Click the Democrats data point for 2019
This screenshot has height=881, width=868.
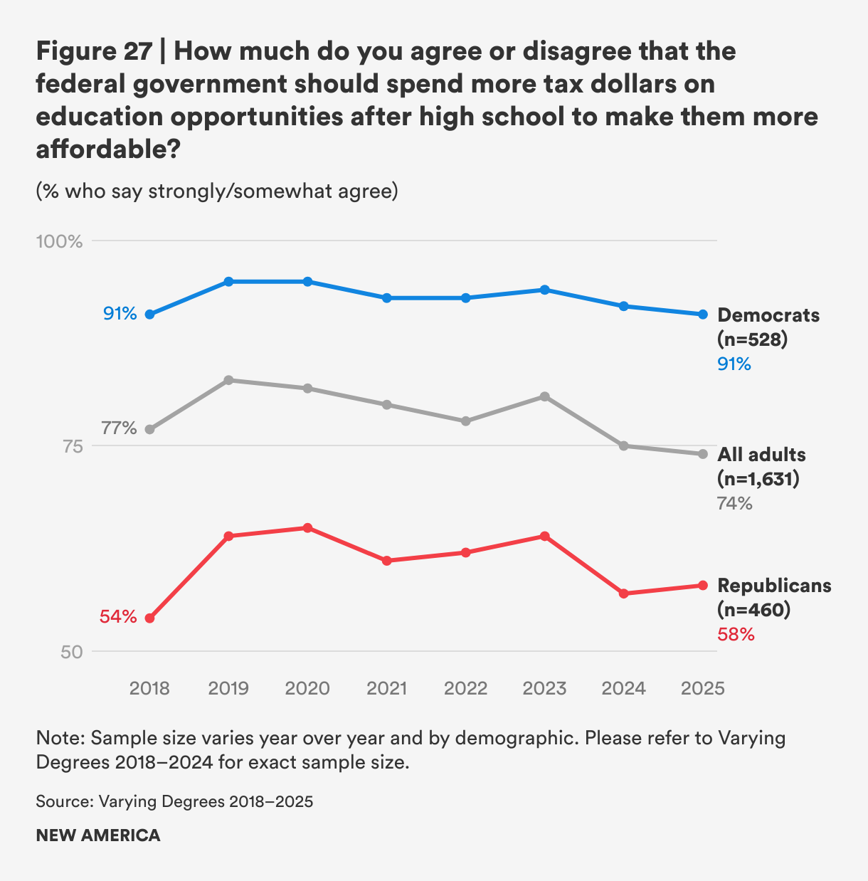click(x=228, y=282)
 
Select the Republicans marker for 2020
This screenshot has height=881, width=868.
click(x=307, y=528)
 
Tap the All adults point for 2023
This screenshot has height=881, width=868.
click(x=545, y=396)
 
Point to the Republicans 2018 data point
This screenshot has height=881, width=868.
click(x=149, y=618)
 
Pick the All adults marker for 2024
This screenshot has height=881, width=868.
click(x=624, y=445)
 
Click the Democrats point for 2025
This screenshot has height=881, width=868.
click(x=703, y=314)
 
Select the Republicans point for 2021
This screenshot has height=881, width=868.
click(x=387, y=561)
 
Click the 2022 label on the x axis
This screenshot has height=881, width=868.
click(x=465, y=689)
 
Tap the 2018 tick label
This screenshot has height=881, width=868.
click(x=149, y=689)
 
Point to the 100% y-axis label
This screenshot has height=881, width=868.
click(x=60, y=242)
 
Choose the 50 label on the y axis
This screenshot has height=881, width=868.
click(x=70, y=652)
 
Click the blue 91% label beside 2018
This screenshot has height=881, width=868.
click(x=120, y=314)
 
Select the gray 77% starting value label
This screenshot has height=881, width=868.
click(x=119, y=428)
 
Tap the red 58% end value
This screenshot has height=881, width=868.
click(x=736, y=634)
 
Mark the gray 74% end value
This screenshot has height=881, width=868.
click(x=735, y=504)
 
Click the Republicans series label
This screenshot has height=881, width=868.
click(x=774, y=586)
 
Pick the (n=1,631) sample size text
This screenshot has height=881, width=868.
click(x=758, y=479)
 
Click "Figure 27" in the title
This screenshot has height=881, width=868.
click(x=94, y=51)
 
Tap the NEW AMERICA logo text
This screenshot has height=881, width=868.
click(x=98, y=835)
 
